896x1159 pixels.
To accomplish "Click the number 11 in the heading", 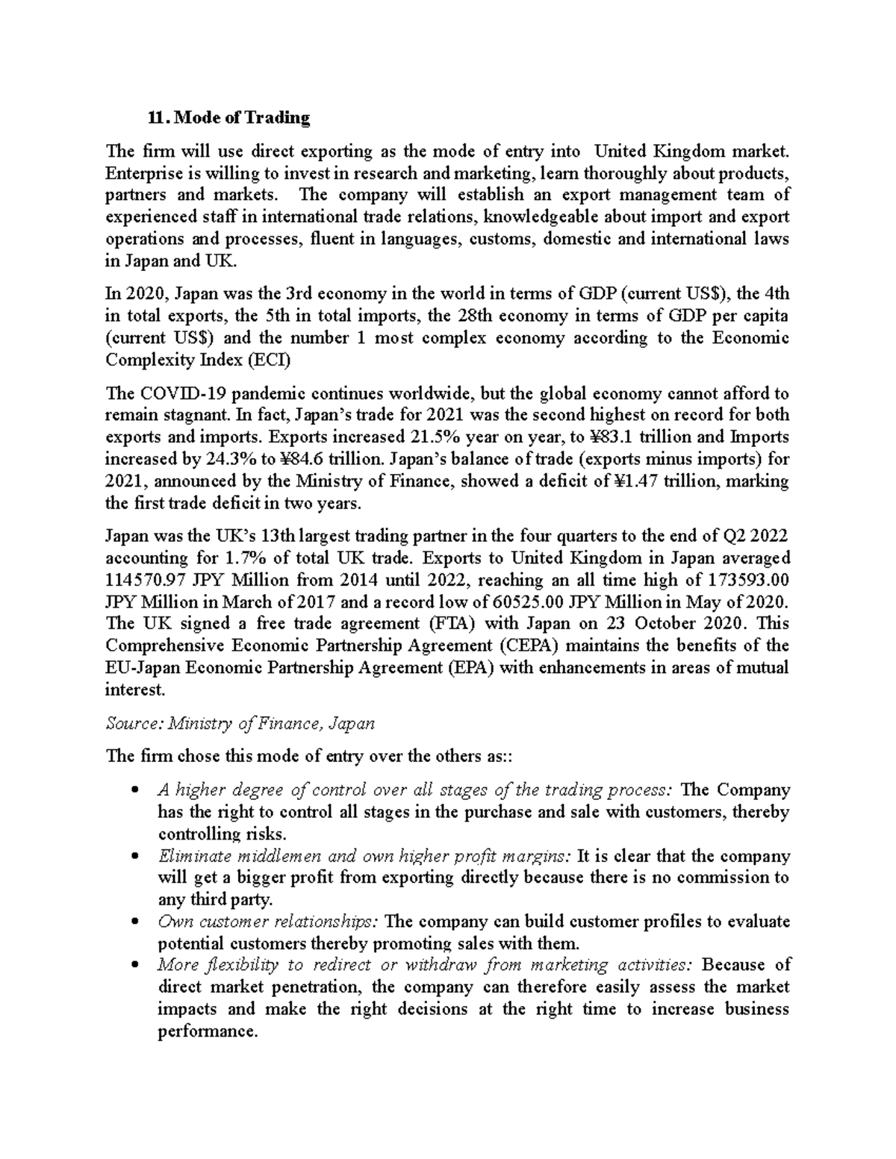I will pos(155,118).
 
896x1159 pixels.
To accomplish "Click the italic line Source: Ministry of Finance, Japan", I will pos(240,723).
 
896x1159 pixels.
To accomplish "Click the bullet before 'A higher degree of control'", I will pos(134,790).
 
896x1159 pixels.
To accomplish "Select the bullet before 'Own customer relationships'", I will pos(134,922).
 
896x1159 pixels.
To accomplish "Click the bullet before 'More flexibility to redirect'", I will pos(134,966).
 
